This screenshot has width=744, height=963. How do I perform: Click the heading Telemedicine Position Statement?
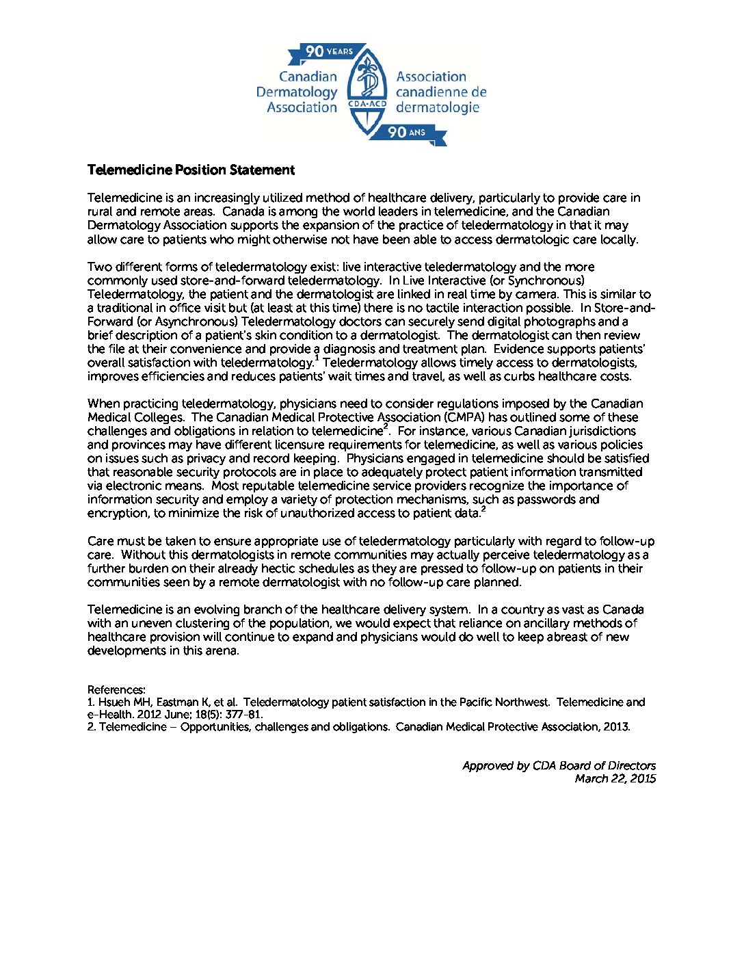pyautogui.click(x=191, y=170)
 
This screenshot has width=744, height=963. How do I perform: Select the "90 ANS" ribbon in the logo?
pyautogui.click(x=408, y=132)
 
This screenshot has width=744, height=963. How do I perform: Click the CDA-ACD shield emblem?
pyautogui.click(x=367, y=92)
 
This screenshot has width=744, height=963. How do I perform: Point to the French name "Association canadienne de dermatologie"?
pyautogui.click(x=441, y=92)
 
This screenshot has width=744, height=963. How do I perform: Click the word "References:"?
pyautogui.click(x=116, y=689)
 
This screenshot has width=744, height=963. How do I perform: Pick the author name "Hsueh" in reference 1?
pyautogui.click(x=114, y=702)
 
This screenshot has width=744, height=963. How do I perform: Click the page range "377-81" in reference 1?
pyautogui.click(x=243, y=714)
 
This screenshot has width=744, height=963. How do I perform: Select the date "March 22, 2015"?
pyautogui.click(x=615, y=778)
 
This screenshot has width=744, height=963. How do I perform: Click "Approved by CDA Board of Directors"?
pyautogui.click(x=559, y=765)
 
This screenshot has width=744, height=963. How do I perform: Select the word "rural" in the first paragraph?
pyautogui.click(x=101, y=211)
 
